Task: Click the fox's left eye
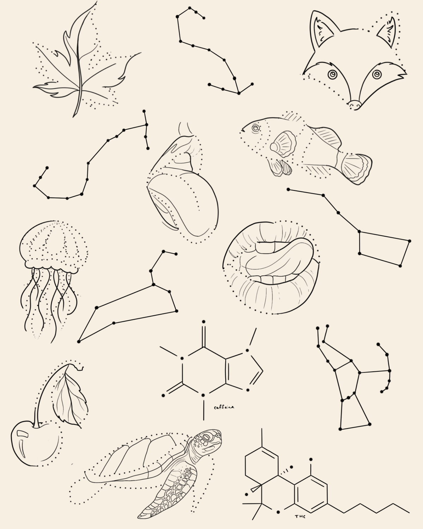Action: point(333,74)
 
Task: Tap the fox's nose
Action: point(355,105)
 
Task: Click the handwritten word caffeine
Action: point(224,407)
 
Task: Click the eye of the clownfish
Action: point(256,128)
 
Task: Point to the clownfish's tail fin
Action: point(356,168)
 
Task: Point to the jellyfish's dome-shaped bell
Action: point(53,246)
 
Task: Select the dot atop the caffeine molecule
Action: point(203,322)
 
